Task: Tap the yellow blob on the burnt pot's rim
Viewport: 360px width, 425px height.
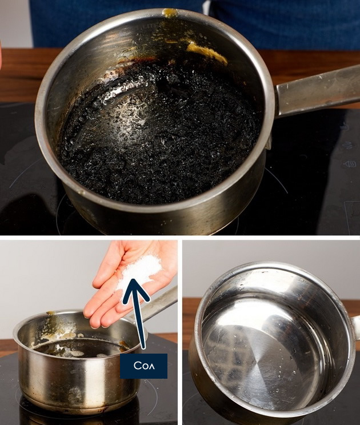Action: click(x=170, y=12)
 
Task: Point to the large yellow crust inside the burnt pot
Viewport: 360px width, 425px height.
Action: click(x=206, y=53)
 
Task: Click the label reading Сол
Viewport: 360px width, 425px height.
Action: click(x=143, y=366)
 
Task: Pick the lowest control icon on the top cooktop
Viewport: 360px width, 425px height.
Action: click(x=350, y=164)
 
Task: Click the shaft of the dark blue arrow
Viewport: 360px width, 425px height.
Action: click(x=139, y=323)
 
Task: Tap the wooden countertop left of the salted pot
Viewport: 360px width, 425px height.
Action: click(x=7, y=344)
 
